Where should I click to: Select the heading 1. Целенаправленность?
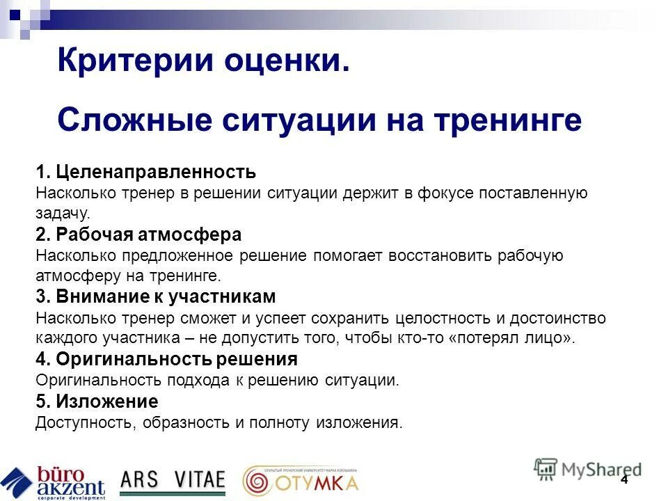pos(146,172)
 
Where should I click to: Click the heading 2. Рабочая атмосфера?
pos(138,234)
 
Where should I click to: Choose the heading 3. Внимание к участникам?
pos(156,297)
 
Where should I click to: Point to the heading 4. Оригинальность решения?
pos(166,360)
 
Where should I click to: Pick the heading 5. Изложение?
pos(97,401)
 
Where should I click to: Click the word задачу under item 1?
pos(63,214)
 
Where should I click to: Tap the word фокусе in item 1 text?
pos(445,193)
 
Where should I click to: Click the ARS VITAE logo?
pos(173,479)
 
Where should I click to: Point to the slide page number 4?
pos(624,480)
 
